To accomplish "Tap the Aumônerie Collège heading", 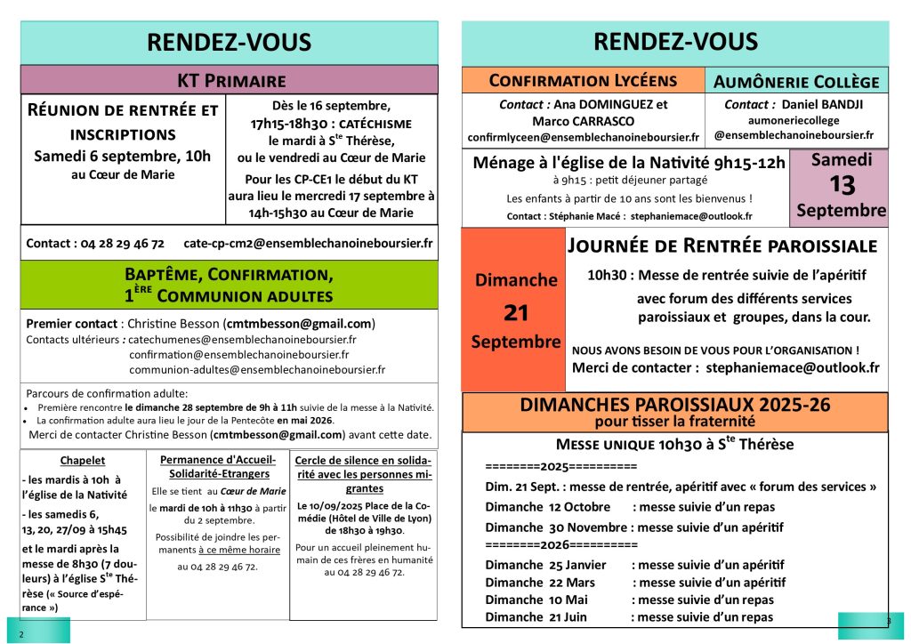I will tap(796, 82).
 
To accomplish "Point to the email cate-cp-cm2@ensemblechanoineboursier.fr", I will tap(308, 243).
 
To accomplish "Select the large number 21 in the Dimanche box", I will tap(516, 311).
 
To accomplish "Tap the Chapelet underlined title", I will tap(83, 460).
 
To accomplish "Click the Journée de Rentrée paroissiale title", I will tap(722, 246).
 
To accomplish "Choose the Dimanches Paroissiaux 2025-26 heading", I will tap(674, 406).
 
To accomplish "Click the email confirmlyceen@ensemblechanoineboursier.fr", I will tap(583, 138).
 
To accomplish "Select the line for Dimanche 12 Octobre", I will tap(630, 507).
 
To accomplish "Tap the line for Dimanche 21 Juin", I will tap(629, 617).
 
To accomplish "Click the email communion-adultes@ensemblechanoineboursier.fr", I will tap(257, 369).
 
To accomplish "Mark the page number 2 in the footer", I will tap(20, 633).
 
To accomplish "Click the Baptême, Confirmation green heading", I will tap(230, 285).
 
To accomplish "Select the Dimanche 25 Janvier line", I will tap(635, 565).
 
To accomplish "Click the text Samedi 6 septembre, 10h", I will tap(123, 156).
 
